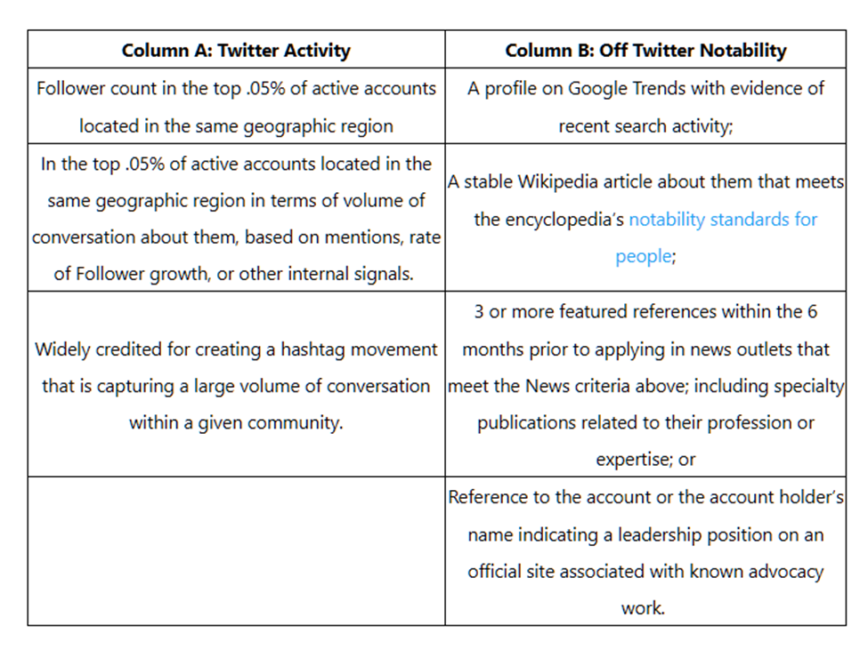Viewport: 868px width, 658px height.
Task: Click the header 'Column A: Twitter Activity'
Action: point(236,50)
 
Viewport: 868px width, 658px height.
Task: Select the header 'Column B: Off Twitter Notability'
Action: point(645,50)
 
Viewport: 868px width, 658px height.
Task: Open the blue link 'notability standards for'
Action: point(723,219)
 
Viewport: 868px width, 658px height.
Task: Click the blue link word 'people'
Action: point(643,256)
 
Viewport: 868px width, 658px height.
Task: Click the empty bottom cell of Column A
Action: point(236,550)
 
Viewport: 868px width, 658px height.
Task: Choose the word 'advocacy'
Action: point(778,572)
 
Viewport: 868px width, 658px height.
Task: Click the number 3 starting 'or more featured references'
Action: point(479,312)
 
